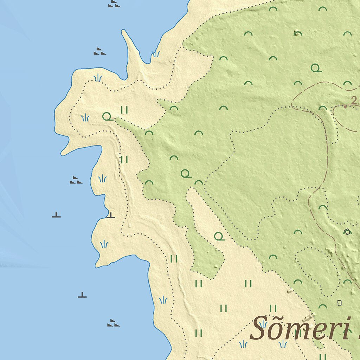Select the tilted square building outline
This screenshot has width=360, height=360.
tap(347, 231)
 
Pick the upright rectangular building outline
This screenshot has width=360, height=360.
tap(340, 302)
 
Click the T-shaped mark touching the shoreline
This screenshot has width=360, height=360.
tap(111, 215)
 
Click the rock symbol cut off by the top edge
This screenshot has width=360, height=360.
tap(114, 4)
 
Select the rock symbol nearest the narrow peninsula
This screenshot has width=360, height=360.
tap(100, 52)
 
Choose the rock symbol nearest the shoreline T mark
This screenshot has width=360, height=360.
tap(76, 180)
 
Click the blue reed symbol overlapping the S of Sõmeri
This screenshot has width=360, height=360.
tap(263, 324)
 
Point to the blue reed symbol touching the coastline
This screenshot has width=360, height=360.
tap(155, 54)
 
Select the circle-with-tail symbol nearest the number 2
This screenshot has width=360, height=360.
tap(316, 68)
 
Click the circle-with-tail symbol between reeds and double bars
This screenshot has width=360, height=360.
tap(108, 116)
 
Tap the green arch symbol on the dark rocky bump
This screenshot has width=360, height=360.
tap(297, 33)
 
